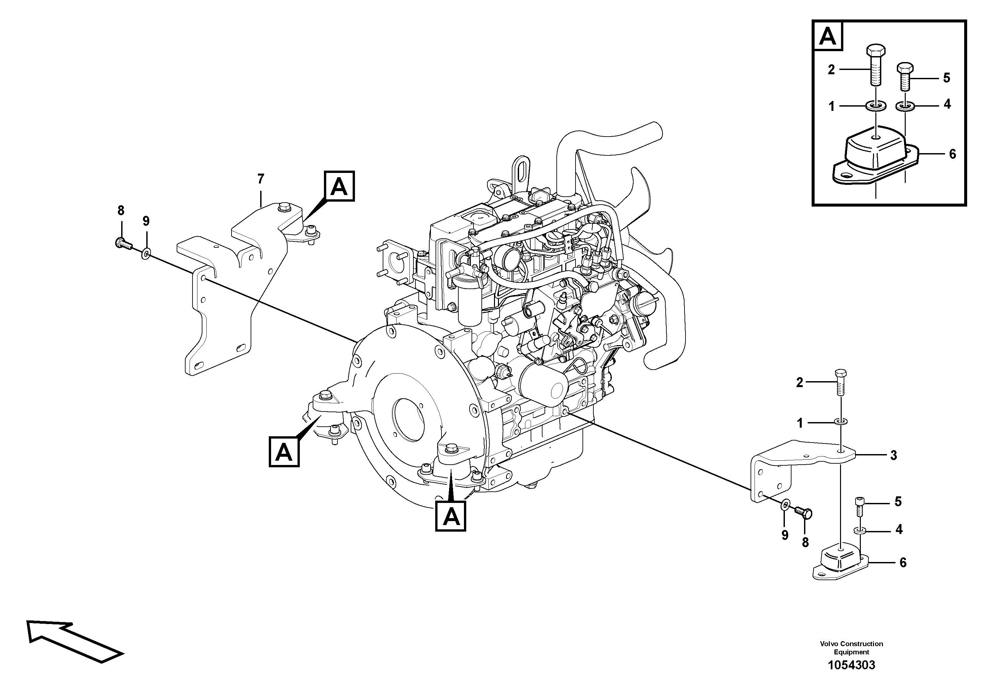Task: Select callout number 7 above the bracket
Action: coord(261,179)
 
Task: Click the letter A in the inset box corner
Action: coord(827,37)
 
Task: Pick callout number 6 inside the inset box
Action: coord(952,154)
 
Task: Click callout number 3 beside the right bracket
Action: coord(893,455)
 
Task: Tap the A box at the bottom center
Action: coord(450,517)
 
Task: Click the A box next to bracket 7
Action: coord(339,186)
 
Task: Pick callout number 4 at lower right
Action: coord(899,529)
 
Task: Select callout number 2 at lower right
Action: coord(799,382)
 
